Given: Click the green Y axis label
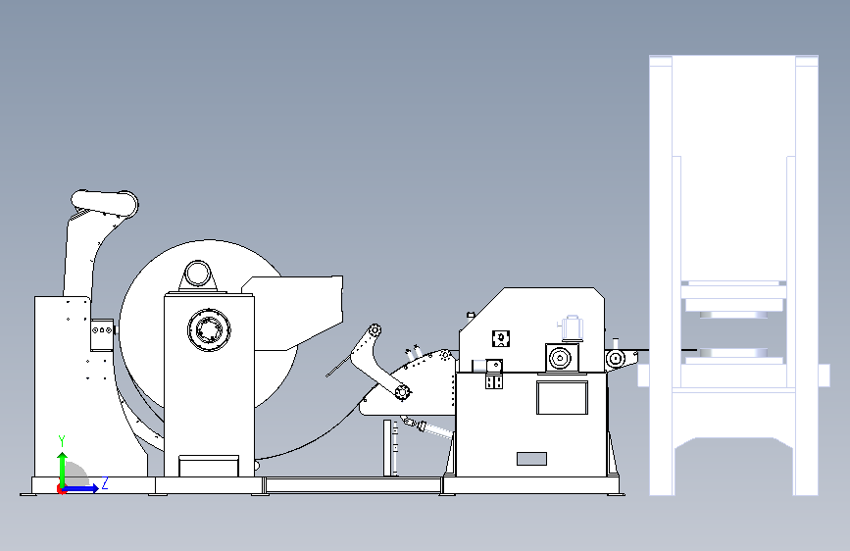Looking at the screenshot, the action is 62,441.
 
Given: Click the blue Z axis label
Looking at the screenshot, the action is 105,482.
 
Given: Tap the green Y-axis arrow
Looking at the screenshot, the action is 63,471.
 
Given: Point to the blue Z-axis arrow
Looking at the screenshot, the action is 79,488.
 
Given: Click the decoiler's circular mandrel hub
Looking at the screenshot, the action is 209,329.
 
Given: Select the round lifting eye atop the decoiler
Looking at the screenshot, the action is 197,274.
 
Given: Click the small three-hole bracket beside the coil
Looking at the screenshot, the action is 102,329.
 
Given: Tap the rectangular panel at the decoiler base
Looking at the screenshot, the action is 209,467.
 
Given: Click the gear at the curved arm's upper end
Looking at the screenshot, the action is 375,329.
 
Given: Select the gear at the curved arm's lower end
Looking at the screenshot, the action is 402,391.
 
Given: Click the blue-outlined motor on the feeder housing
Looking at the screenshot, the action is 571,327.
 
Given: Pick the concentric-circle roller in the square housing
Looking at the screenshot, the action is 561,359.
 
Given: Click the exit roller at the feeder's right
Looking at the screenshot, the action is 616,359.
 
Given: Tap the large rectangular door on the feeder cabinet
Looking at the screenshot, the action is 562,397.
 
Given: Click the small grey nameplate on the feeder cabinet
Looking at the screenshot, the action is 531,459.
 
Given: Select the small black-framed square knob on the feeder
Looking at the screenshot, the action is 501,338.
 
